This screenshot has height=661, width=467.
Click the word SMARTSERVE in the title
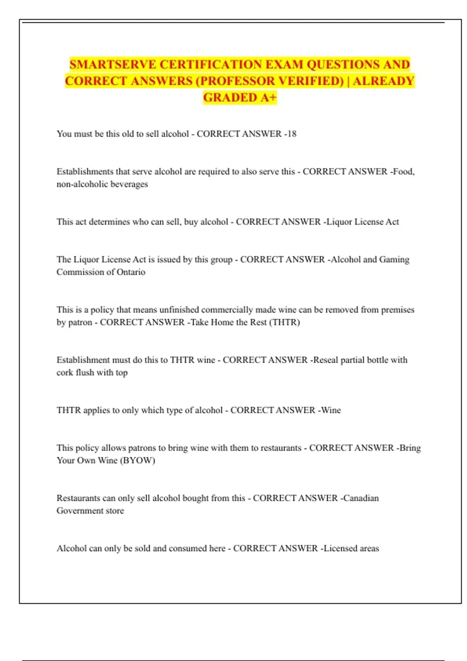point(113,64)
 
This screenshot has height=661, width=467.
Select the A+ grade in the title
point(268,97)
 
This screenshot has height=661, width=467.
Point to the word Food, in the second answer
point(404,171)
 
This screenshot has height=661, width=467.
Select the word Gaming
point(394,259)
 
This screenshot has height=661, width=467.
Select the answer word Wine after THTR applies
point(331,410)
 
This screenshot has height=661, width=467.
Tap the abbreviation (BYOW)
point(137,460)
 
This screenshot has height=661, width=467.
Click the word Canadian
point(361,498)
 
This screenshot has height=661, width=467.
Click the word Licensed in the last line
point(340,548)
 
